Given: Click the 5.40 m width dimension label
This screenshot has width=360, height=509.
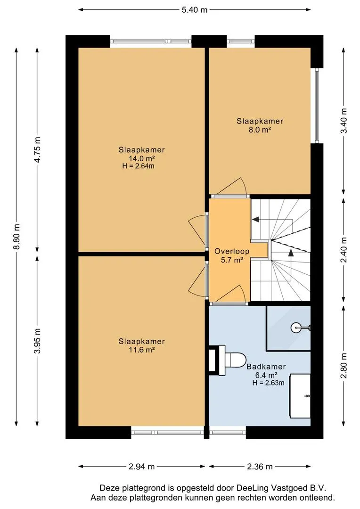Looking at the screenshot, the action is click(195, 10).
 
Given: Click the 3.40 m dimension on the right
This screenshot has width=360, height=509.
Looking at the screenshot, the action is click(344, 121).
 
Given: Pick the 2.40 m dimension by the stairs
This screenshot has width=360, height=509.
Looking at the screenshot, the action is click(344, 250).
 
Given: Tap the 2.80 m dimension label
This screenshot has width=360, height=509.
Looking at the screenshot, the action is click(344, 366).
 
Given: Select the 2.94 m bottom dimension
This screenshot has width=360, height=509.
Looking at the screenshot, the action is click(141, 467).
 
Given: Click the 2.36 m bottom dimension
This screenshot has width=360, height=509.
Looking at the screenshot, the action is click(260, 467).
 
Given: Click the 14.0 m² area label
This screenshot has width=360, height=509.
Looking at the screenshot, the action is click(141, 158).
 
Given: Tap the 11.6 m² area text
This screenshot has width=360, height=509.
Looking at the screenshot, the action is click(141, 350).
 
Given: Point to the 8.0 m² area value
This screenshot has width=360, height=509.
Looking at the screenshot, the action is click(260, 130).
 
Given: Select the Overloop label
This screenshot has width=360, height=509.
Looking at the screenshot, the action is click(232, 251).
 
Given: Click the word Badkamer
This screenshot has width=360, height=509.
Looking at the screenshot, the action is click(266, 367).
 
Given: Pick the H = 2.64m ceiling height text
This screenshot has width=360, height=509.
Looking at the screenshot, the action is click(138, 166).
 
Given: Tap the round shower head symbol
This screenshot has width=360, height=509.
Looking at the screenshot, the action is click(296, 328).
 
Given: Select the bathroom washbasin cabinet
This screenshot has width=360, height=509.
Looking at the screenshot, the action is click(300, 396).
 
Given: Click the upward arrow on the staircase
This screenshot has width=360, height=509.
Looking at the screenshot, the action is click(291, 253).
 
